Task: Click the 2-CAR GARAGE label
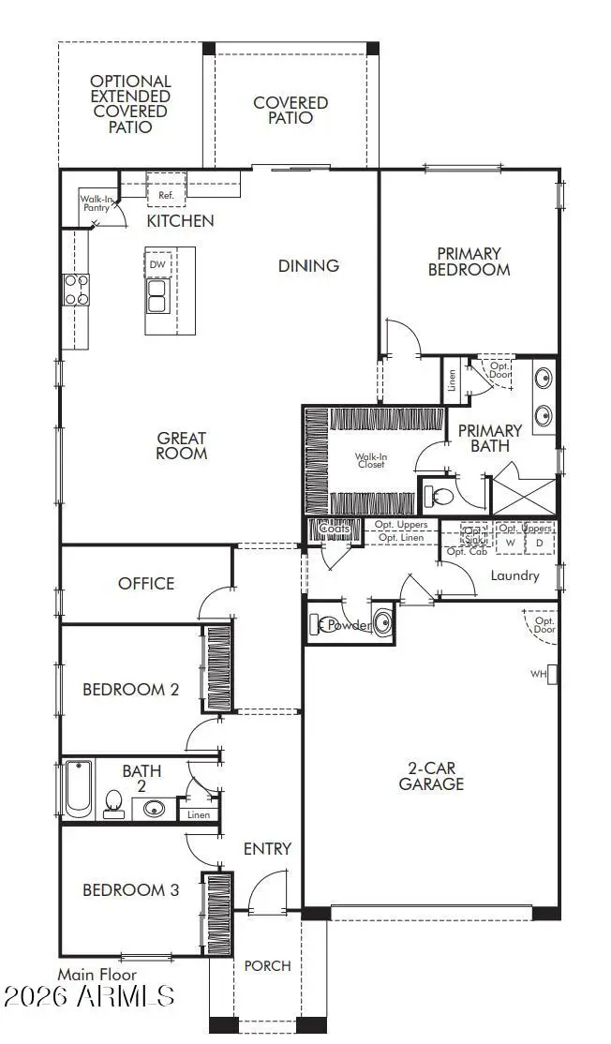click(x=431, y=776)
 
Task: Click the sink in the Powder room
click(x=382, y=624)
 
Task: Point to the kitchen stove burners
click(x=75, y=290)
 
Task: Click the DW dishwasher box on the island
click(x=157, y=265)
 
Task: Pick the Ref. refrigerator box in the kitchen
click(x=167, y=195)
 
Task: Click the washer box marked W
click(x=511, y=543)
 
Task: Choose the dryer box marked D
click(x=539, y=543)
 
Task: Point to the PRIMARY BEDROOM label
click(x=469, y=261)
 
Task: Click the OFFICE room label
click(x=146, y=583)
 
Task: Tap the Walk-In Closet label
click(x=370, y=461)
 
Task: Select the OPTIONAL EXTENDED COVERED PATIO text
click(x=130, y=103)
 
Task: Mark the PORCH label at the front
click(x=267, y=965)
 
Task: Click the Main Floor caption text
click(x=97, y=975)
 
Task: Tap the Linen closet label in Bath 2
click(x=199, y=814)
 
